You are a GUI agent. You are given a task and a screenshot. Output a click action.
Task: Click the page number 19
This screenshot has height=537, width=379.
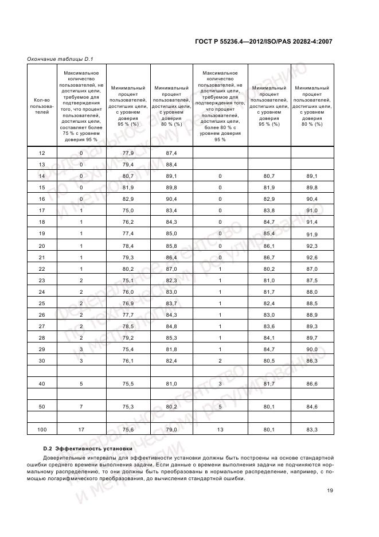330,490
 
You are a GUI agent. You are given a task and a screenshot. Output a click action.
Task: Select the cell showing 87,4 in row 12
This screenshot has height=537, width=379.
170,153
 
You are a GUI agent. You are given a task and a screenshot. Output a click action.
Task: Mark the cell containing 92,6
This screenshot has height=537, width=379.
312,257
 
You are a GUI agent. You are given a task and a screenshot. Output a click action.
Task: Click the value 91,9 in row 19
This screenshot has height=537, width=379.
312,235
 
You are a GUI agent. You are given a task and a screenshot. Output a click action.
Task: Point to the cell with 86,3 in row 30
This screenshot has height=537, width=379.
312,360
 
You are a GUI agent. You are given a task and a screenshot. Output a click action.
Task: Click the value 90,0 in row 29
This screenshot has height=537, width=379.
312,349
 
